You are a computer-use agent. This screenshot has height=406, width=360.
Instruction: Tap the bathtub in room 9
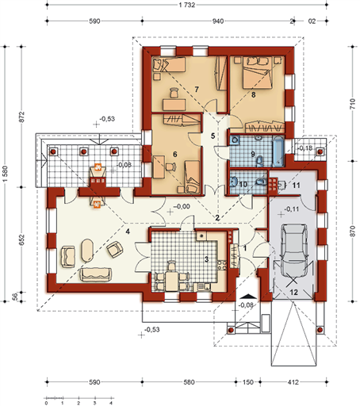coord(278,151)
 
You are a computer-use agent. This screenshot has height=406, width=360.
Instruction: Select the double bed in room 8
coord(257,72)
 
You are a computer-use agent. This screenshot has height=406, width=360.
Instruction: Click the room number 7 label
coord(197,90)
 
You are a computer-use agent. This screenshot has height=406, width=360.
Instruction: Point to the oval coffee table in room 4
coord(87,251)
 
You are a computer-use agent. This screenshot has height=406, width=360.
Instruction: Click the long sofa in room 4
coord(95,274)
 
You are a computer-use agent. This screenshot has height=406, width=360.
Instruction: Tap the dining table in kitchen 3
coord(172,282)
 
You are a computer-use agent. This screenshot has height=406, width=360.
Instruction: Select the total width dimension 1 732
coord(187,5)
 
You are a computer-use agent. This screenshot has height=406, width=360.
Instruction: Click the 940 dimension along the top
coord(218,21)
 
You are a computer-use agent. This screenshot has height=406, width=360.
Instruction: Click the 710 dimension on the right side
coord(352,104)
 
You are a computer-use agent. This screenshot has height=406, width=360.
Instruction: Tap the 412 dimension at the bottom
coord(293,382)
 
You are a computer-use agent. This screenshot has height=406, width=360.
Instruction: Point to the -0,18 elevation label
coord(305,148)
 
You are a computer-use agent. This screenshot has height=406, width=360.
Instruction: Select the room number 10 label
coord(243,184)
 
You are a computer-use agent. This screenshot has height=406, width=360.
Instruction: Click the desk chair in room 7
coord(174,93)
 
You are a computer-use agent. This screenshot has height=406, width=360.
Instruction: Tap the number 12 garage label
coord(294,292)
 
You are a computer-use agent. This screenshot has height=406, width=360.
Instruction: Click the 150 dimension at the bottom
coord(247,382)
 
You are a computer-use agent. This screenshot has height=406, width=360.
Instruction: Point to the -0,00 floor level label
coord(182,206)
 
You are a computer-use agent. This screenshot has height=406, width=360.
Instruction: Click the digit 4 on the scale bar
coord(111,404)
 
